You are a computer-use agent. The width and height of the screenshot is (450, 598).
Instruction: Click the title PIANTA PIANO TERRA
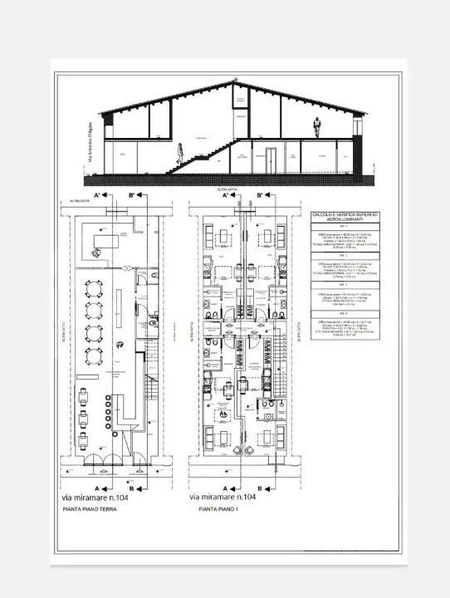pyautogui.click(x=90, y=511)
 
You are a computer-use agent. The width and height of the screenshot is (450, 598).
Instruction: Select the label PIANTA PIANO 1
pyautogui.click(x=213, y=511)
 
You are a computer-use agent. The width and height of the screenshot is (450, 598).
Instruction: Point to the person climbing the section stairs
pyautogui.click(x=180, y=152)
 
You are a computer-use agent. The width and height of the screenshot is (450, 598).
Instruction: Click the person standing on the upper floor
pyautogui.click(x=316, y=127)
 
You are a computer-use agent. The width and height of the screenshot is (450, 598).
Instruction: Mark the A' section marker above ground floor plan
pyautogui.click(x=99, y=195)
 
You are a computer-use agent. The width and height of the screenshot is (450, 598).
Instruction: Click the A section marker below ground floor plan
pyautogui.click(x=98, y=488)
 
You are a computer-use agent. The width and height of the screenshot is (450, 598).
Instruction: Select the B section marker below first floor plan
pyautogui.click(x=261, y=488)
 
